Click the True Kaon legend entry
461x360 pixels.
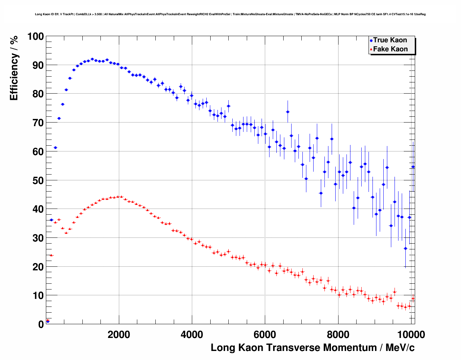[389, 40]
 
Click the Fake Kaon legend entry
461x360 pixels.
[389, 49]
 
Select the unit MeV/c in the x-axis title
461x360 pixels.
[400, 348]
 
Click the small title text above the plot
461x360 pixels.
[230, 14]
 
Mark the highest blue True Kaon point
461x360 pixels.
[92, 59]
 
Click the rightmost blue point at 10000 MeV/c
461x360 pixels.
[413, 167]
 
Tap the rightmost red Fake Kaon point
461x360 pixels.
[413, 298]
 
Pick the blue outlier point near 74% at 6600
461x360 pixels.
[288, 112]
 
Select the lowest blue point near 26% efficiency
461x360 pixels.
[405, 248]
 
